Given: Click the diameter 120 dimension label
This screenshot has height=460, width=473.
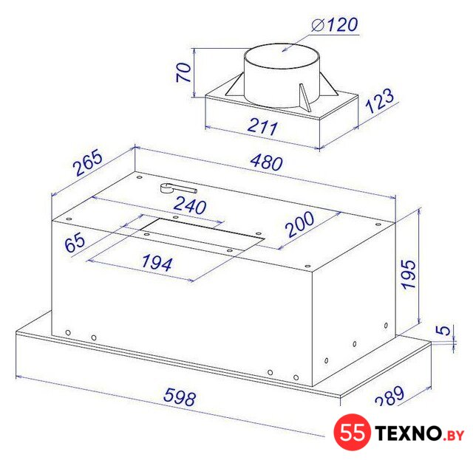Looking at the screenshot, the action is [x=335, y=24].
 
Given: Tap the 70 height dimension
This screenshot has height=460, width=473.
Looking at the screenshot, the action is [x=183, y=72].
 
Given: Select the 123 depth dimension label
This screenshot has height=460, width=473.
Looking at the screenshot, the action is [x=379, y=100].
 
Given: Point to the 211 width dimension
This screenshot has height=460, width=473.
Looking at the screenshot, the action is [x=262, y=127].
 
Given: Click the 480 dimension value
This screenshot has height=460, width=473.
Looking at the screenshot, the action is [x=267, y=162].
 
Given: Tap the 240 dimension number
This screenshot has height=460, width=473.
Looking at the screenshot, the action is [x=191, y=205].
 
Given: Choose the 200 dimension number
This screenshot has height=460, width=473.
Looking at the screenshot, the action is [x=299, y=224].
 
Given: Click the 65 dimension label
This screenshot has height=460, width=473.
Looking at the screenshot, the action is [x=75, y=243].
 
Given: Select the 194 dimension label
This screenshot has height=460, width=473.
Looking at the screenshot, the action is [x=157, y=262].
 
